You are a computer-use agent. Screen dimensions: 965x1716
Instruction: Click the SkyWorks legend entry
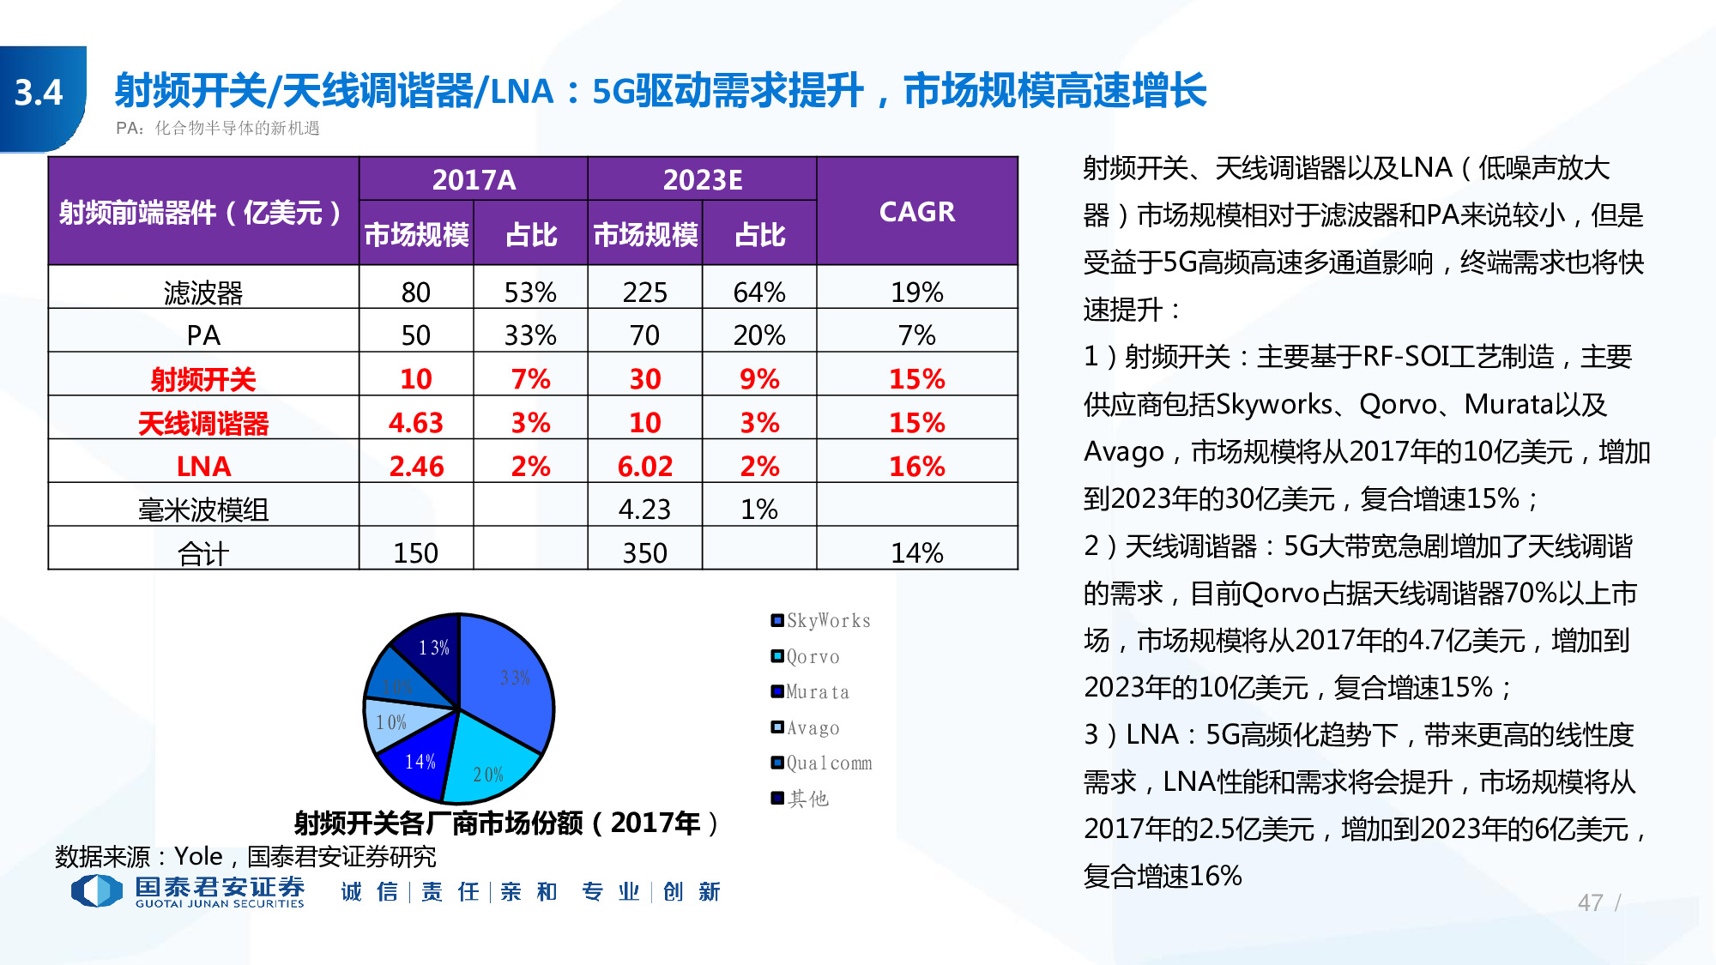[821, 620]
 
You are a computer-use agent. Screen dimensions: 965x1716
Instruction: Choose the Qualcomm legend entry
[821, 763]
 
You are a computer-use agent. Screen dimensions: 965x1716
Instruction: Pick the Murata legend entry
[811, 691]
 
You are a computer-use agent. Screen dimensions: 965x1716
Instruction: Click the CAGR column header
[916, 211]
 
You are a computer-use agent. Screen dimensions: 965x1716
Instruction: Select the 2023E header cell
[702, 179]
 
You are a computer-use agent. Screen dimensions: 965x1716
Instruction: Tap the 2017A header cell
[474, 179]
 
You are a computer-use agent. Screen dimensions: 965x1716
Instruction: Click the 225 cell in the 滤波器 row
[644, 293]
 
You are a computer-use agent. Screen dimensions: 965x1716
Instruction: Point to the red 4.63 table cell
[416, 422]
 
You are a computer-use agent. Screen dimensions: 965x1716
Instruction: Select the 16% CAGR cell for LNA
[916, 466]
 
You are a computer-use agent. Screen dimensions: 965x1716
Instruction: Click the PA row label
[203, 335]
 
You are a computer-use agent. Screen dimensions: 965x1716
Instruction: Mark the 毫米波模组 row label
[203, 510]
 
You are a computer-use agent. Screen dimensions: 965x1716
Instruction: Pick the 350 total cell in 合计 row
[644, 552]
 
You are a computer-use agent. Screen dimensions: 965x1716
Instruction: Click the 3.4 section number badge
[39, 93]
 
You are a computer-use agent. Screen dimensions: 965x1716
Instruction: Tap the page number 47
[1590, 902]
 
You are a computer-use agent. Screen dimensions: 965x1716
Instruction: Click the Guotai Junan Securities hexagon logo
[96, 890]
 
